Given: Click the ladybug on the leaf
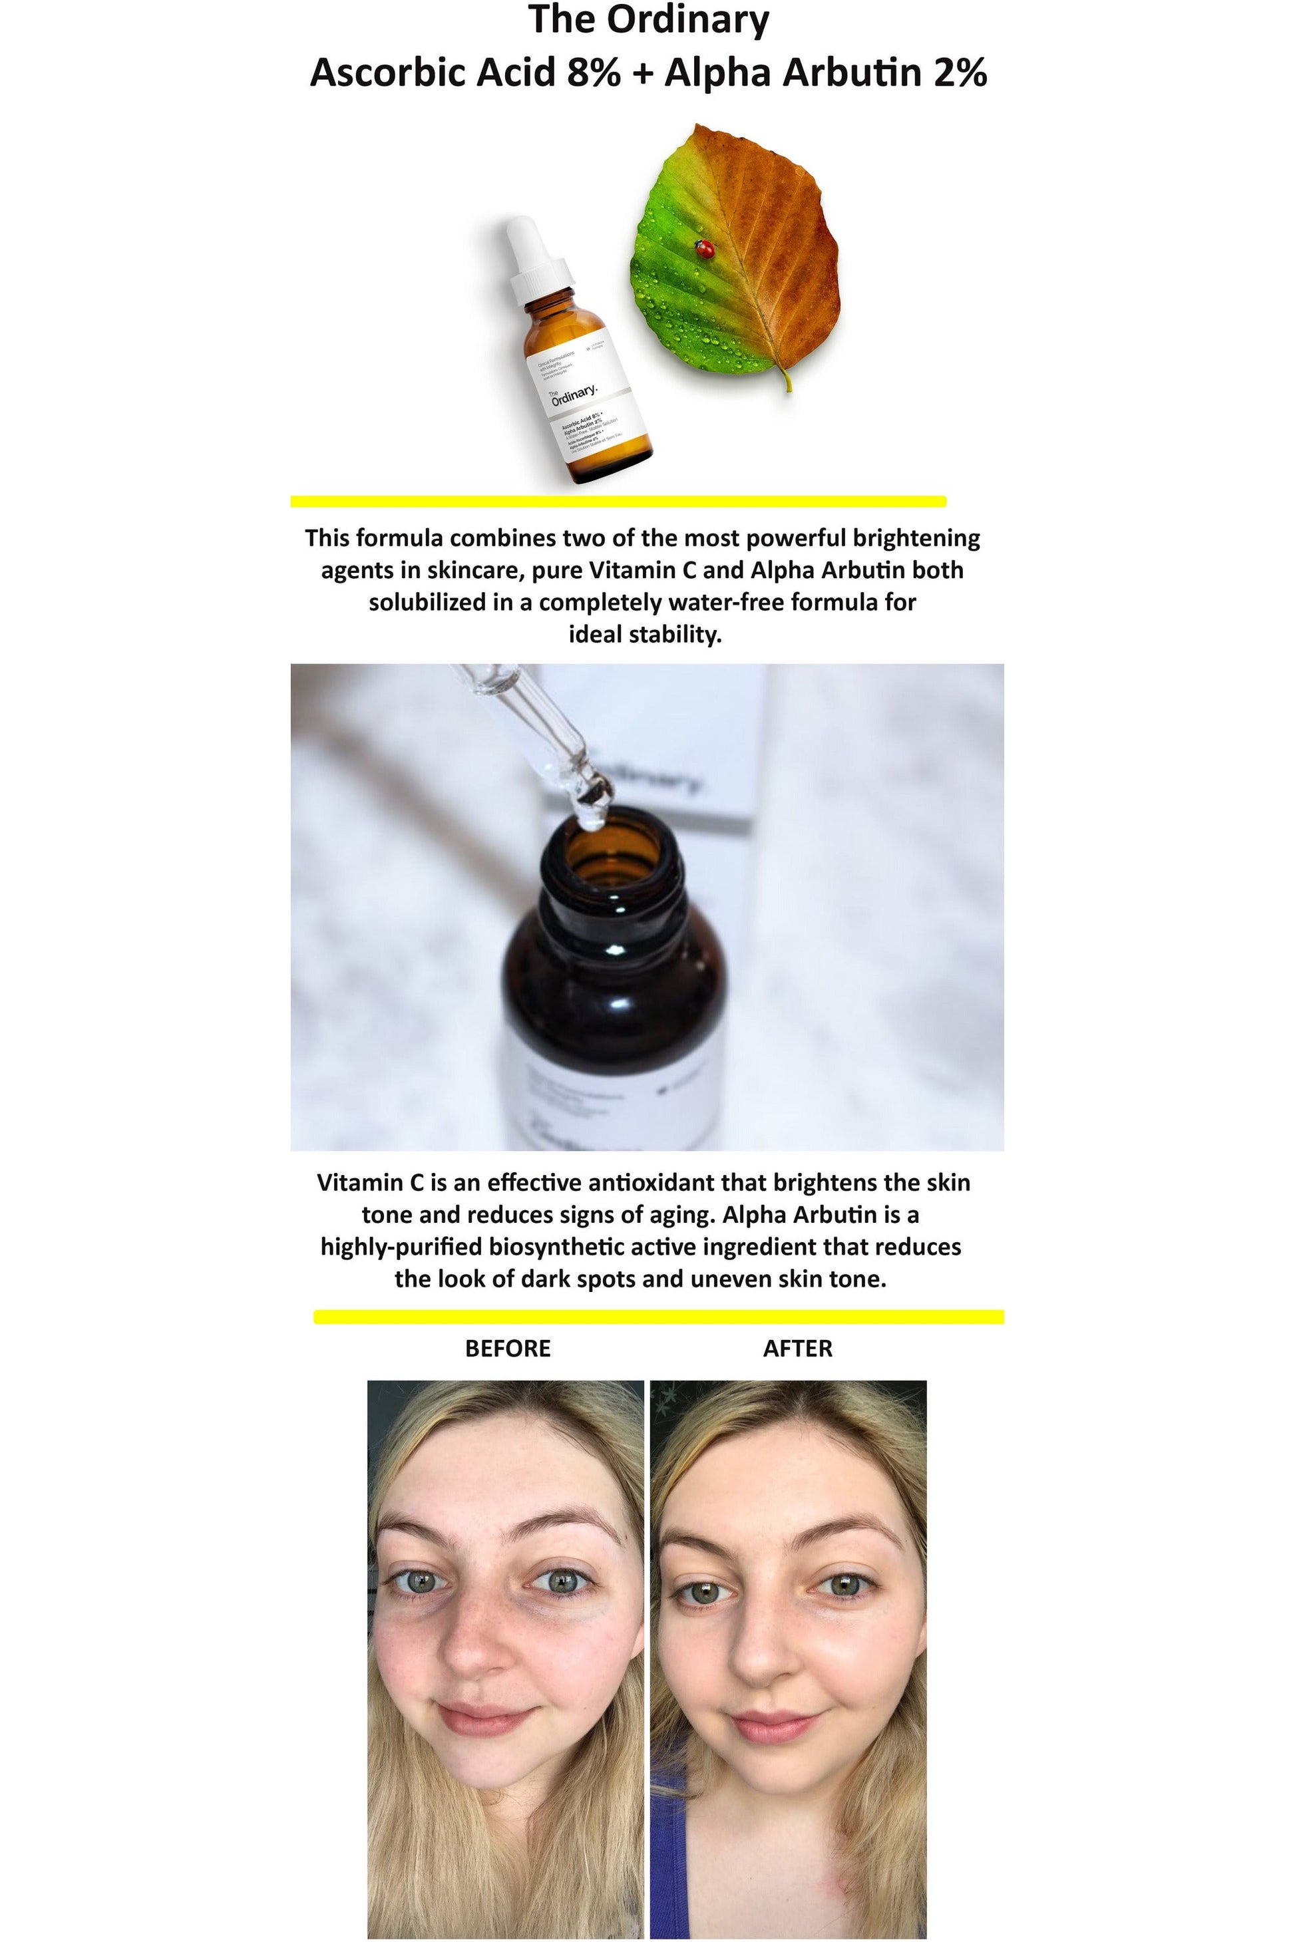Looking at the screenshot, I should pos(705,249).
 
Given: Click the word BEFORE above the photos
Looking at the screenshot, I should pos(507,1349).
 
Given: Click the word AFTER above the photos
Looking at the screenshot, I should pos(797,1349).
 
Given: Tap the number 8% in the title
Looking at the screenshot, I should pos(594,73).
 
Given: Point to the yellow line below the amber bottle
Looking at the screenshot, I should pos(618,501).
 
